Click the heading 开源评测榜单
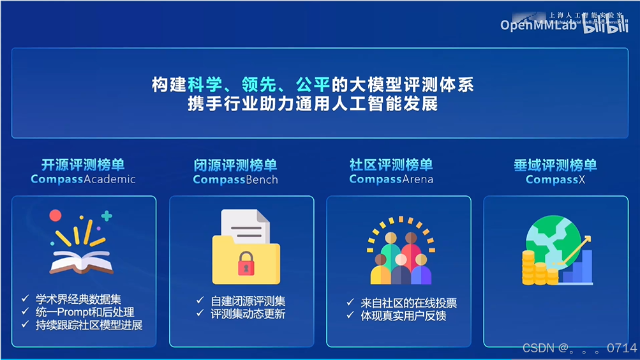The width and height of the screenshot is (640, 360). click(x=83, y=165)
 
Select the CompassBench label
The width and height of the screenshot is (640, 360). click(x=235, y=179)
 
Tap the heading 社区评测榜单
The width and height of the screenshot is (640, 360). click(x=391, y=165)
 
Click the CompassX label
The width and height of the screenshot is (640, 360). click(x=555, y=179)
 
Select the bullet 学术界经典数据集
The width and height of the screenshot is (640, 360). click(x=78, y=299)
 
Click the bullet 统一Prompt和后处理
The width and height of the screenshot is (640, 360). click(x=85, y=311)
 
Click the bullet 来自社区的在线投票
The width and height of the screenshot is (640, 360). click(x=409, y=303)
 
